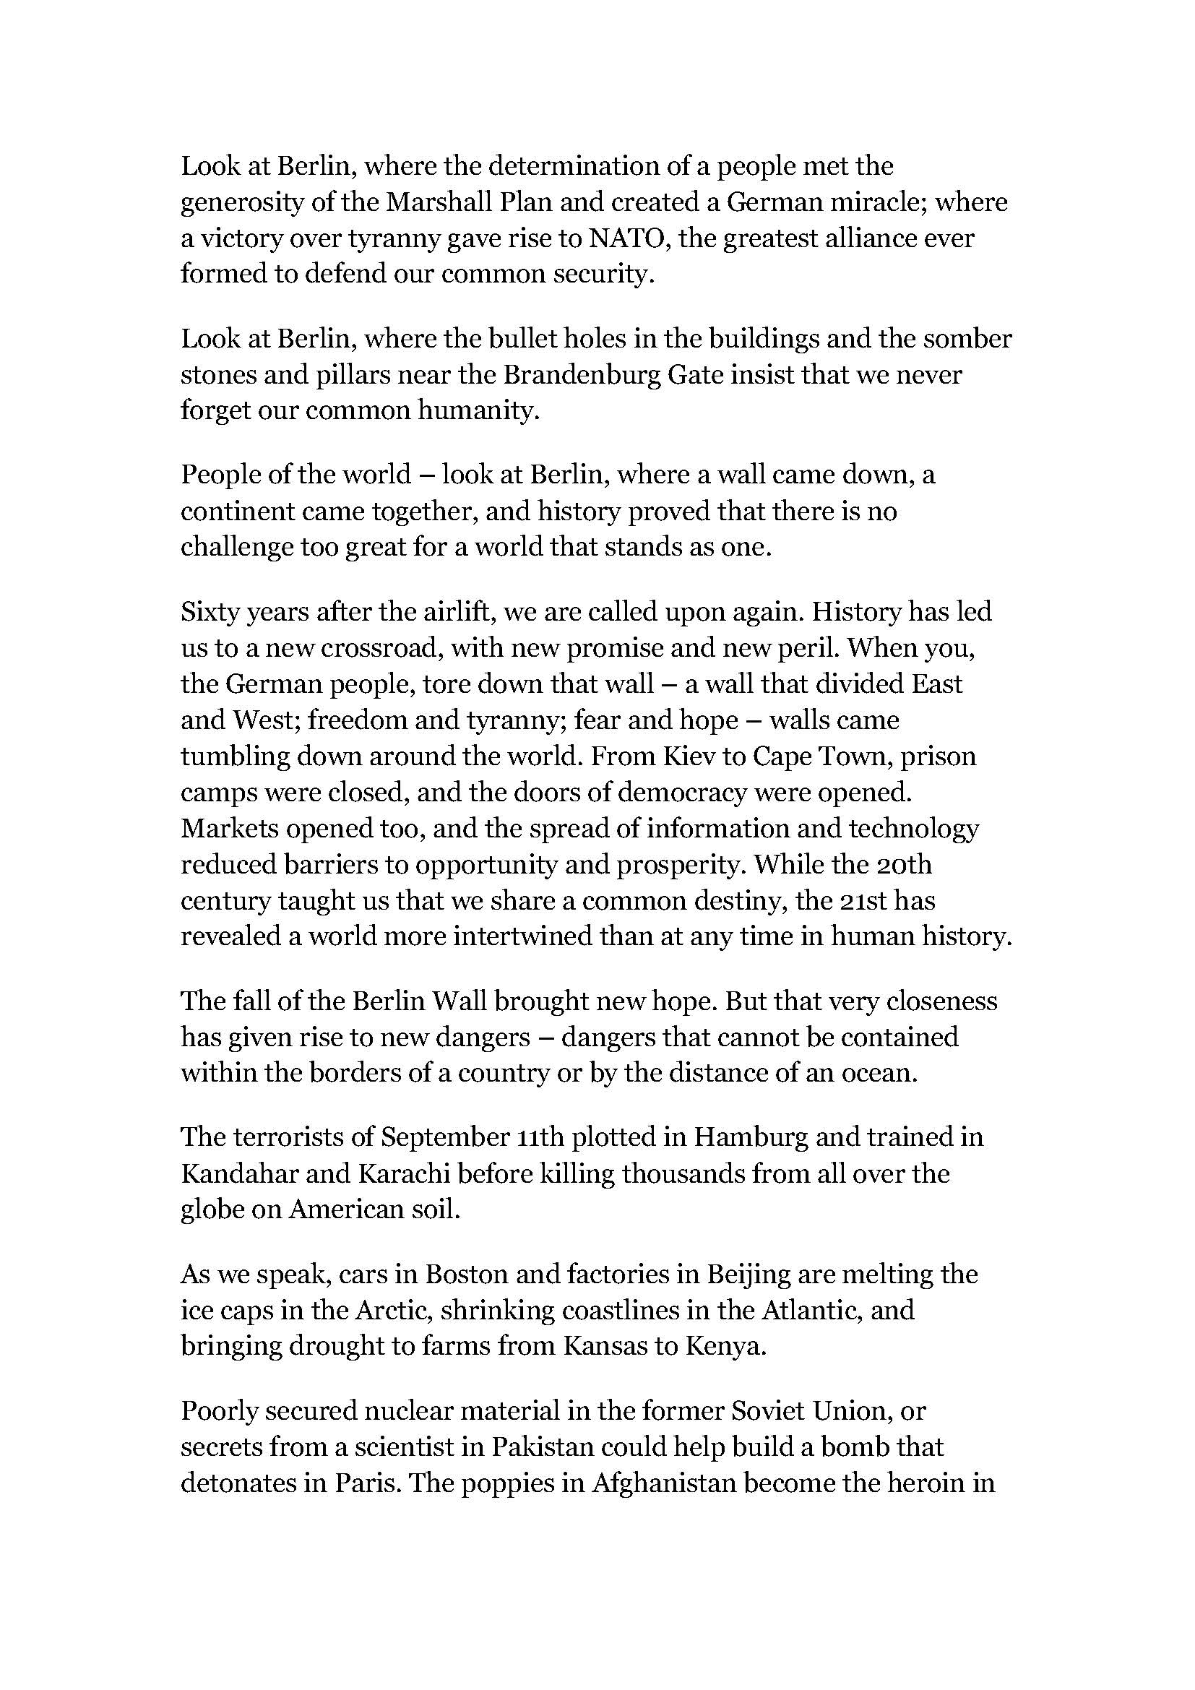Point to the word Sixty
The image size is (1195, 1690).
click(208, 612)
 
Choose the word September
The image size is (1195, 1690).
click(444, 1137)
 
